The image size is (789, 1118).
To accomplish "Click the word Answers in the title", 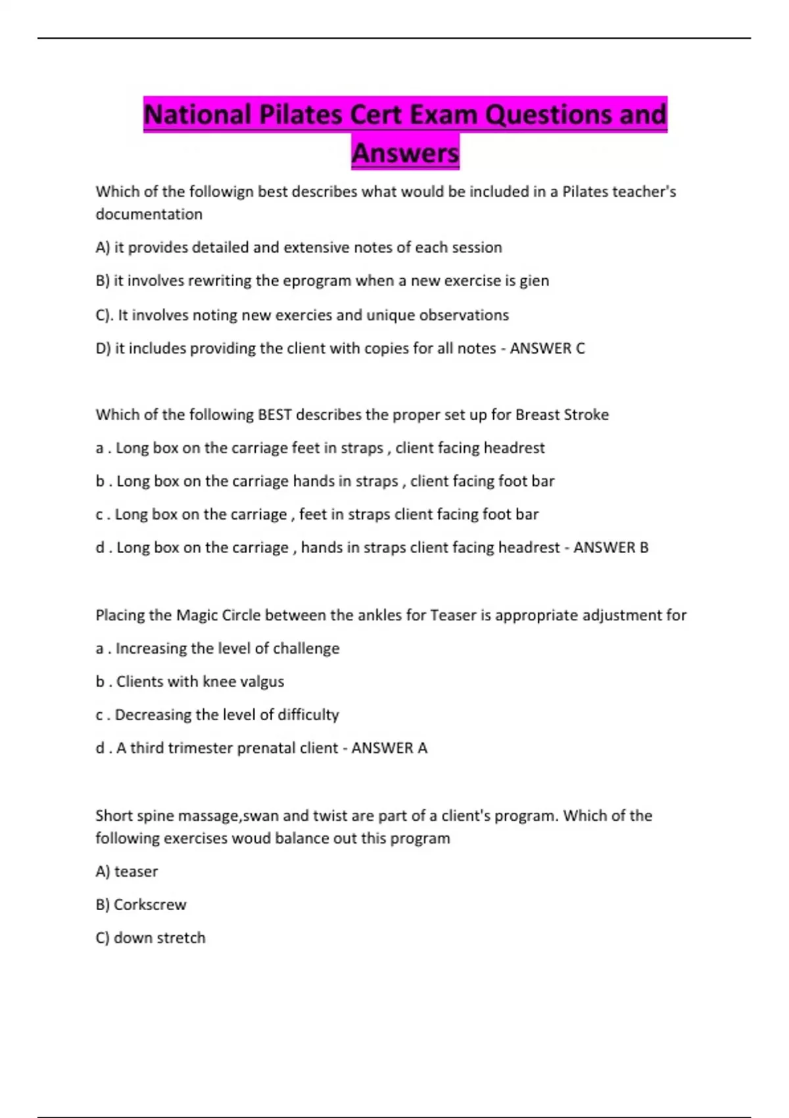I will click(x=405, y=153).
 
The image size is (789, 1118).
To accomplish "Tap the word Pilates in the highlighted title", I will click(x=300, y=115).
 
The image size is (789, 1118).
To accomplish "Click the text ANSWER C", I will click(x=547, y=349).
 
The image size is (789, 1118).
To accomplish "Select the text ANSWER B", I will click(x=611, y=548).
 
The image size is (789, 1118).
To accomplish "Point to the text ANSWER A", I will click(x=389, y=748).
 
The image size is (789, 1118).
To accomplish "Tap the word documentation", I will click(x=149, y=214).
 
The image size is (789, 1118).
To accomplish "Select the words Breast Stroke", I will click(x=562, y=415).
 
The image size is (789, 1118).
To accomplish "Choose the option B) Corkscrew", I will click(x=141, y=905).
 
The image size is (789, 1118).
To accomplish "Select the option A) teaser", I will click(x=127, y=872).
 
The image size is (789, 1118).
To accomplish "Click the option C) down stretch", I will click(x=151, y=938).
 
